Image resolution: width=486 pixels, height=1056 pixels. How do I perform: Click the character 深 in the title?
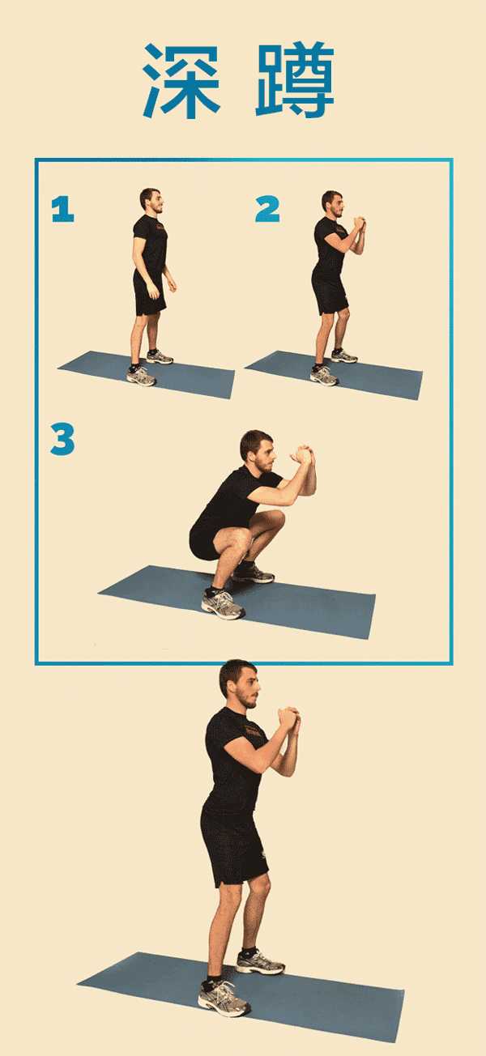click(x=181, y=81)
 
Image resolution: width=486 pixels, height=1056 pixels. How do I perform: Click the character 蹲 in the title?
click(x=295, y=80)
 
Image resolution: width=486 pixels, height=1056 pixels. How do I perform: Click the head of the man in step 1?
click(x=151, y=201)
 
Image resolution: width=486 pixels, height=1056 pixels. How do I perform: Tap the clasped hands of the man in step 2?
click(x=359, y=224)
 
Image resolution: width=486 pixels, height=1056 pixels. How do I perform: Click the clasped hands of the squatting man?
click(x=303, y=455)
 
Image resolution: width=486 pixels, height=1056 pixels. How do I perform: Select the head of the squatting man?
click(x=258, y=451)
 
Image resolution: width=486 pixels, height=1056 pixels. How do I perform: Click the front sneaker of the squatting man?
click(x=223, y=604)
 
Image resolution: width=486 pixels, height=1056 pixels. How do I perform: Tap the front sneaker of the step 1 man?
click(x=141, y=377)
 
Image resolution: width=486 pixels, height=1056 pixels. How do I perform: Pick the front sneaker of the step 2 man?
click(x=324, y=375)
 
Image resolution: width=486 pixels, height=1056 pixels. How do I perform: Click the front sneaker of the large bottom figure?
click(x=224, y=998)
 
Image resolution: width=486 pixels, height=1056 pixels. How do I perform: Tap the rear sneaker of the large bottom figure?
click(x=260, y=961)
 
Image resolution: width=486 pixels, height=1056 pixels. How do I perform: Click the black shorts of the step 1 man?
click(x=149, y=294)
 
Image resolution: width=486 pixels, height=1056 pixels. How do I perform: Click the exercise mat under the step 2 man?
click(x=334, y=375)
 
